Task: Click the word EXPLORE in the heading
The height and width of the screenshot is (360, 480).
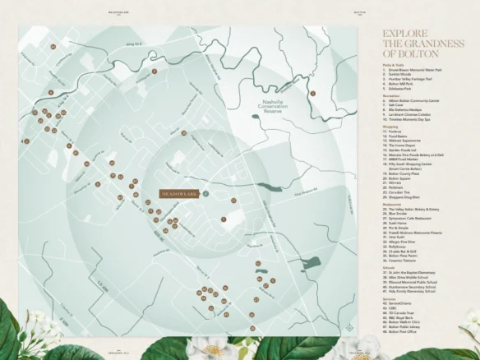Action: point(401,35)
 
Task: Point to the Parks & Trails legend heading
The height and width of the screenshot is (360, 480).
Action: point(394,64)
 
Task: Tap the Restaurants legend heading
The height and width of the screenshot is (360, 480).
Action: point(391,203)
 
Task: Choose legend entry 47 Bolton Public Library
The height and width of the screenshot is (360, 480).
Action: point(410,328)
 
